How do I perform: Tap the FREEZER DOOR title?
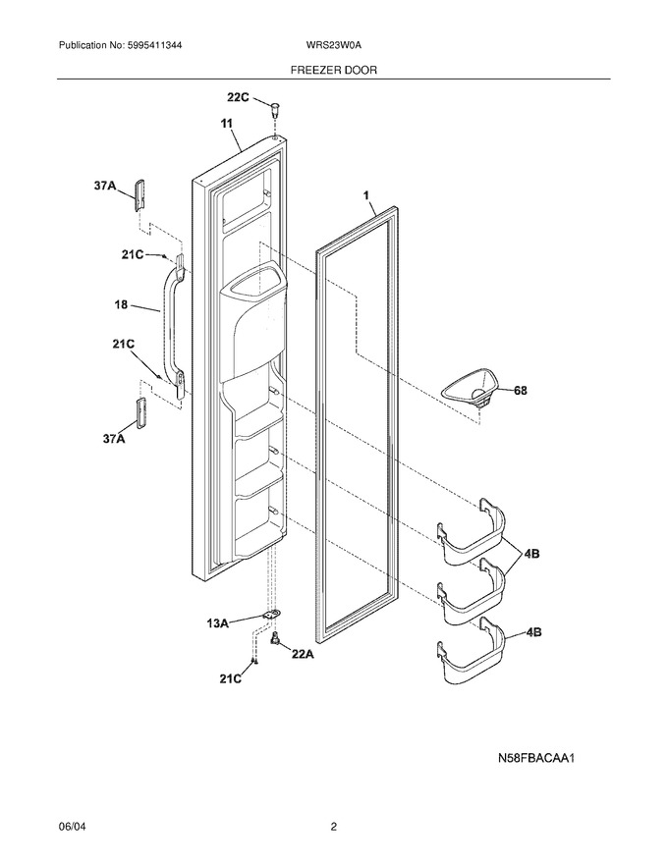tap(333, 70)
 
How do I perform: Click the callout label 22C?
tap(239, 97)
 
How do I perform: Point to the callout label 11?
tap(227, 124)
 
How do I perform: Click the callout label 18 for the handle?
tap(121, 304)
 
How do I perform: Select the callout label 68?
tap(521, 391)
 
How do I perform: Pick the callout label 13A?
tap(218, 623)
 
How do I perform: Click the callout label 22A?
tap(303, 654)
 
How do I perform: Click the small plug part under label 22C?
tap(276, 108)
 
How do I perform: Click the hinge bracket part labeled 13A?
tap(272, 615)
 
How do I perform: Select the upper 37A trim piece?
tap(139, 194)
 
